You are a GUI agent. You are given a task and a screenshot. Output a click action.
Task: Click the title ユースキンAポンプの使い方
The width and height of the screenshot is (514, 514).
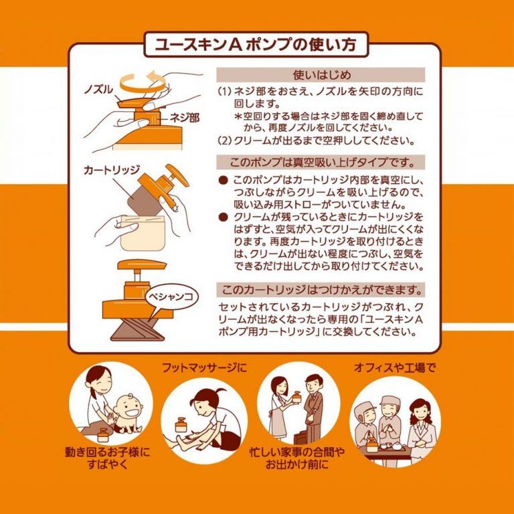pyautogui.click(x=256, y=45)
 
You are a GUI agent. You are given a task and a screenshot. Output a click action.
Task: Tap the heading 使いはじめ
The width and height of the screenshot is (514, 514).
pyautogui.click(x=321, y=75)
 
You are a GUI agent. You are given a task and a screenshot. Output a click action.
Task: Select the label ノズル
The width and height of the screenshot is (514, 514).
pyautogui.click(x=98, y=89)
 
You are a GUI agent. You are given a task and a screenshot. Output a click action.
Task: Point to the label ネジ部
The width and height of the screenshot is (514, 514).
pyautogui.click(x=184, y=118)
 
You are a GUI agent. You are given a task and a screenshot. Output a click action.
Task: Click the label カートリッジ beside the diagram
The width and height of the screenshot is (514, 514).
pyautogui.click(x=111, y=170)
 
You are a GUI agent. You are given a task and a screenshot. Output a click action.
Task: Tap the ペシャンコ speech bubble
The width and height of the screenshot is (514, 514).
pyautogui.click(x=169, y=297)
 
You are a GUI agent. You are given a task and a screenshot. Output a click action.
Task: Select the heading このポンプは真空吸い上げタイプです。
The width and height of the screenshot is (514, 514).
pyautogui.click(x=321, y=162)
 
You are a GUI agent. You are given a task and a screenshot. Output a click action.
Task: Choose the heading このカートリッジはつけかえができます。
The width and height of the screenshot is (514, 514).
pyautogui.click(x=321, y=290)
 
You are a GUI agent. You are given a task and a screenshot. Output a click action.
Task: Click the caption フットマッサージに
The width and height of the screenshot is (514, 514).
pyautogui.click(x=204, y=368)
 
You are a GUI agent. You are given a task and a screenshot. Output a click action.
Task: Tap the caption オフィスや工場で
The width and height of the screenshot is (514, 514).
pyautogui.click(x=395, y=368)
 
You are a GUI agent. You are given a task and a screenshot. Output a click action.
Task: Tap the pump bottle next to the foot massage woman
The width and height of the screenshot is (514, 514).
pyautogui.click(x=181, y=425)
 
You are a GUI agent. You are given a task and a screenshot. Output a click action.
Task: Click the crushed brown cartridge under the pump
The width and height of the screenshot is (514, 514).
pyautogui.click(x=138, y=329)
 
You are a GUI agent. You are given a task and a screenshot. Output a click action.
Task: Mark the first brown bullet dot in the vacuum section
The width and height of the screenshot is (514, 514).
pyautogui.click(x=224, y=180)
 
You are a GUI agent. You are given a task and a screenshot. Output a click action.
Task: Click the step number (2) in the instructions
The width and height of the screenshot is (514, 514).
pyautogui.click(x=225, y=141)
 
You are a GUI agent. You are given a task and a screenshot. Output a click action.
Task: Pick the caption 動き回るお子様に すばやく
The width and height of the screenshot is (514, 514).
pyautogui.click(x=107, y=458)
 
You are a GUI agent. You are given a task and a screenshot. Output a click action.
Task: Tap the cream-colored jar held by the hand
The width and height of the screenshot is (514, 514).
pyautogui.click(x=142, y=233)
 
